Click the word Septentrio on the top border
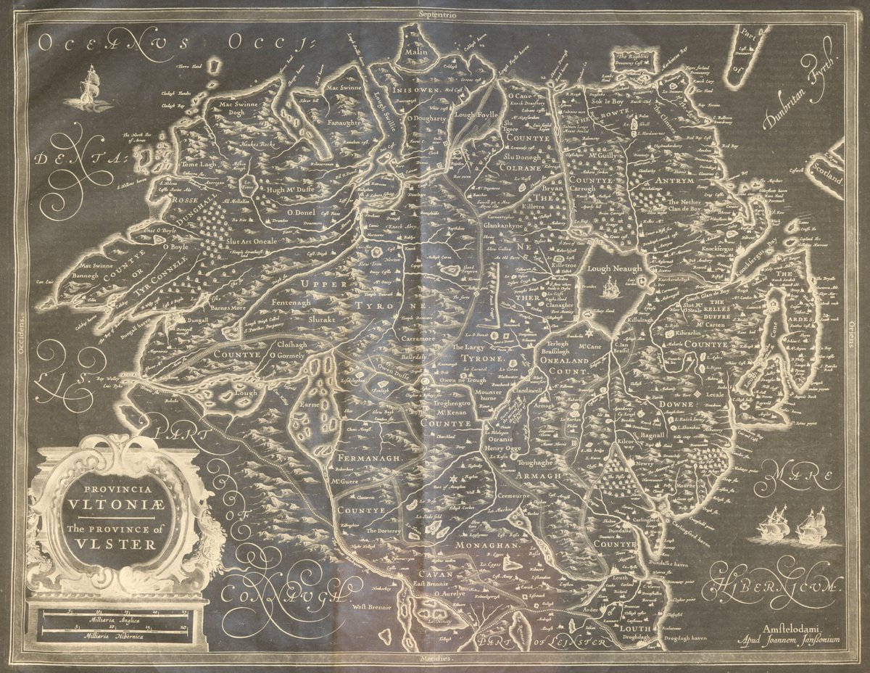(x=434, y=14)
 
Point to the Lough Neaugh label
(x=614, y=268)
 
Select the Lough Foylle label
(x=476, y=114)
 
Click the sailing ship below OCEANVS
(x=90, y=88)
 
